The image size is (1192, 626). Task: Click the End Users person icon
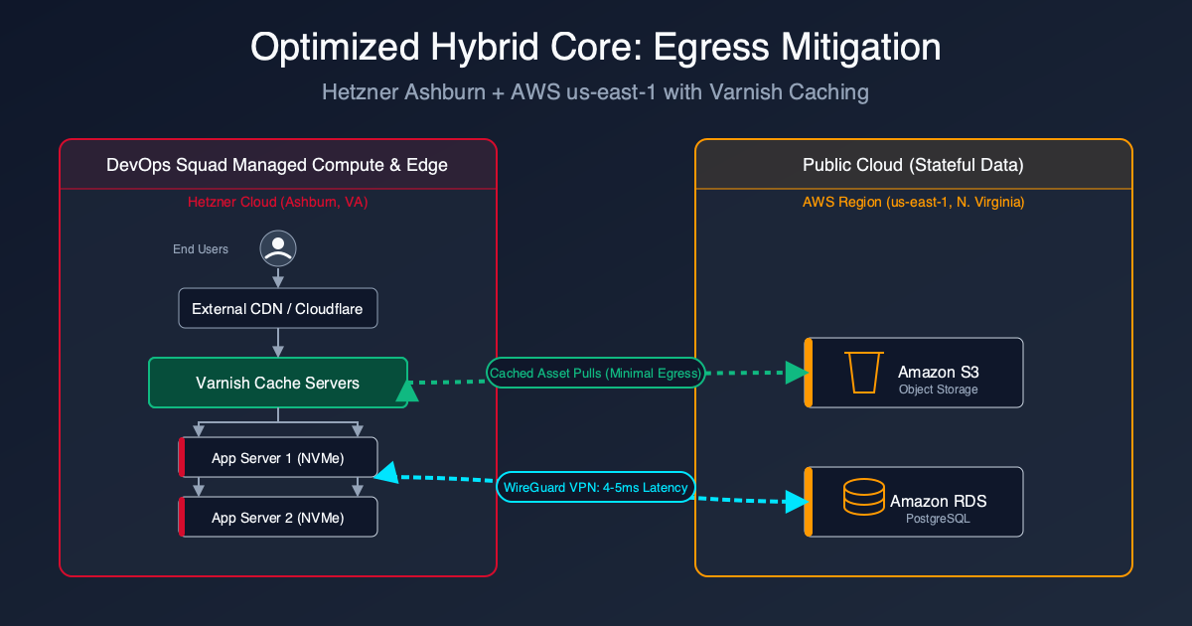tap(278, 248)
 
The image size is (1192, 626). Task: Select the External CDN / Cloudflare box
tap(278, 309)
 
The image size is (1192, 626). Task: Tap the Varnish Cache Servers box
tap(278, 383)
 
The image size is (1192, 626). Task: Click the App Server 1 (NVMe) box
tap(278, 458)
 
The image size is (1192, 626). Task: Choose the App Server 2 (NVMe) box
tap(278, 518)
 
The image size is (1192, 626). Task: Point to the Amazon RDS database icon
tap(862, 497)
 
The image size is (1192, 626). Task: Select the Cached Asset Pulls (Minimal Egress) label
tap(595, 373)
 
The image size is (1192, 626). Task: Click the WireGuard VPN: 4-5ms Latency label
tap(595, 487)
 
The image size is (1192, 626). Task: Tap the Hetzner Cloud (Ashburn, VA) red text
tap(278, 202)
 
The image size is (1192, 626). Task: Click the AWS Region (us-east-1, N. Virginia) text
tap(913, 202)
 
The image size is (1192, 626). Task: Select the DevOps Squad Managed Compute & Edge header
tap(277, 165)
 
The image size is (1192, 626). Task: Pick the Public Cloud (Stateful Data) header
tap(913, 165)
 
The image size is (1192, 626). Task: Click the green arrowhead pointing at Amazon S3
tap(797, 373)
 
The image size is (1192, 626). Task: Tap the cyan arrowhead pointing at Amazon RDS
tap(796, 500)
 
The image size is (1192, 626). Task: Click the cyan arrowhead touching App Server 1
tap(386, 474)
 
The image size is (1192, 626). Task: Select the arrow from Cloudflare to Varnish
tap(278, 343)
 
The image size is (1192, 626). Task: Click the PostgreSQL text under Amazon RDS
tap(939, 518)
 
